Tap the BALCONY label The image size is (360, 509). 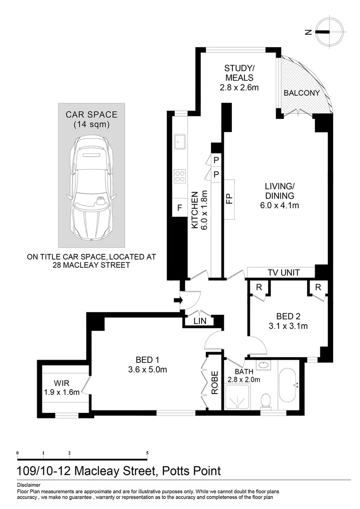tap(302, 93)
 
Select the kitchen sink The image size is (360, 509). tap(180, 140)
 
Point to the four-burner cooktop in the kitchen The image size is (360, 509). tap(180, 176)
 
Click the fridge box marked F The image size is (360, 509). tap(180, 207)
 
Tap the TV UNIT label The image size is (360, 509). tap(281, 272)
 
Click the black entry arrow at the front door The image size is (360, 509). tap(178, 299)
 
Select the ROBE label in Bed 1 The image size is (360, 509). tap(215, 382)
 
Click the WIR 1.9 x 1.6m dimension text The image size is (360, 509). tap(62, 391)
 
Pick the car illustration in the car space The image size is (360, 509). tap(91, 176)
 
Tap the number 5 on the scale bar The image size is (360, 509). tap(147, 453)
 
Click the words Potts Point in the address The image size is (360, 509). tap(191, 471)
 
